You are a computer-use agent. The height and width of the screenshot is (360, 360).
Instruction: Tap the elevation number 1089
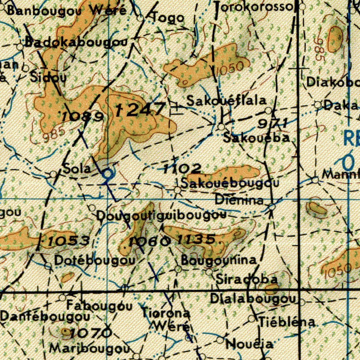[82, 116]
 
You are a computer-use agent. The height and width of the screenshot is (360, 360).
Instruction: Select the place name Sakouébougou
[230, 183]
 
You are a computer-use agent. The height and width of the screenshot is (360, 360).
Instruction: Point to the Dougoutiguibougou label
[161, 216]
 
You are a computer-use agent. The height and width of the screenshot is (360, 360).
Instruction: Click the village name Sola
[77, 169]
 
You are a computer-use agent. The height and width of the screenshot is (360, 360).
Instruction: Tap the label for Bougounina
[219, 260]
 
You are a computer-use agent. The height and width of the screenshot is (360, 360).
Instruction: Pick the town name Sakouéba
[257, 138]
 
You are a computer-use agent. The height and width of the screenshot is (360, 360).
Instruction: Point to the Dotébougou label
[95, 261]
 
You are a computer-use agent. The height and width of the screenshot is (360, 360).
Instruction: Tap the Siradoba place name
[246, 279]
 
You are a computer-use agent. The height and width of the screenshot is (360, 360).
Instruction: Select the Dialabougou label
[252, 299]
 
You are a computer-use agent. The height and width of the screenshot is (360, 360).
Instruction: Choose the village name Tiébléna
[287, 321]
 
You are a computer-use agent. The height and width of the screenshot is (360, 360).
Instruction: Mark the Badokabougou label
[76, 43]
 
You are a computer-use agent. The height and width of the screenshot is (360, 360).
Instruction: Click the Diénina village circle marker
[272, 207]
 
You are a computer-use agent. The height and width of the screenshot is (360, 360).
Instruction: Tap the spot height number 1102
[182, 169]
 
